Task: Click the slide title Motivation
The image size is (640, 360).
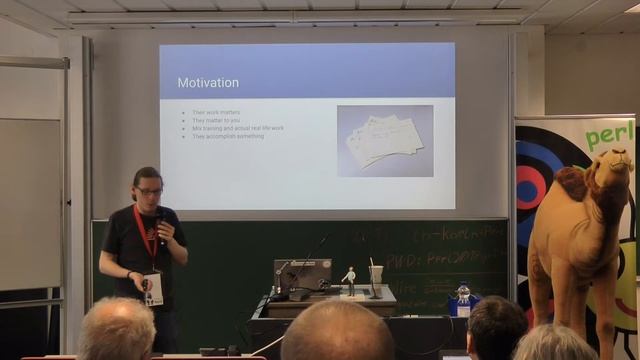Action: pos(208,82)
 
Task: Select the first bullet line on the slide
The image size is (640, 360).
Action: pos(217,112)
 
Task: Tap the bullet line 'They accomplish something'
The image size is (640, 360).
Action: pos(229,136)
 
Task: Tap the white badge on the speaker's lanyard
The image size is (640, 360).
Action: pos(153,289)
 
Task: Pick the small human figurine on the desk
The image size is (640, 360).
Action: pos(350,280)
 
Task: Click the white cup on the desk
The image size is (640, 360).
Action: pos(376,273)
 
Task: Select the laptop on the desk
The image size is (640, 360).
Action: pos(302,275)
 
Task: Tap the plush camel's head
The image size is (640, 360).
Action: pos(610,172)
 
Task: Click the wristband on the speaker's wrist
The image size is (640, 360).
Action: pos(129,274)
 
